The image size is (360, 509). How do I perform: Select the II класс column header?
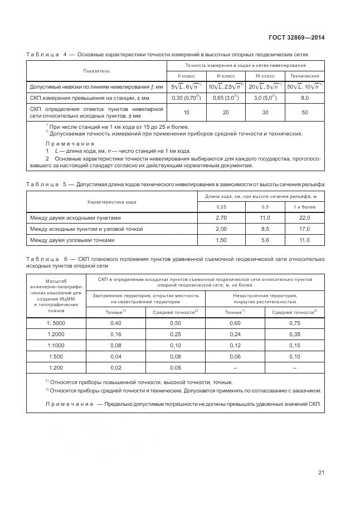point(187,75)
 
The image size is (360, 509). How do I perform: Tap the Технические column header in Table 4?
point(304,75)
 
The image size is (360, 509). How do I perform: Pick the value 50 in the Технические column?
point(304,112)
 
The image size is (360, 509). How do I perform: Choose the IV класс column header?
point(265,75)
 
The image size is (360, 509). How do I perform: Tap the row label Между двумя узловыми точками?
point(72,240)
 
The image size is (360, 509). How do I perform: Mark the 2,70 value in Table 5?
point(221,218)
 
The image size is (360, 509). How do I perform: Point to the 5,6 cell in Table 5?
point(265,240)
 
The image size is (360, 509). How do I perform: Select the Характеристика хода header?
point(110,201)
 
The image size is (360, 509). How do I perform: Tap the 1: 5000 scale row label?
point(56,323)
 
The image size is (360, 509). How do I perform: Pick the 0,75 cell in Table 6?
point(295,323)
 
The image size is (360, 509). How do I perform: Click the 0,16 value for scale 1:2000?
point(116,334)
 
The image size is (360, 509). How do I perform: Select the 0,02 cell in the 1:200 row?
point(116,367)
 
